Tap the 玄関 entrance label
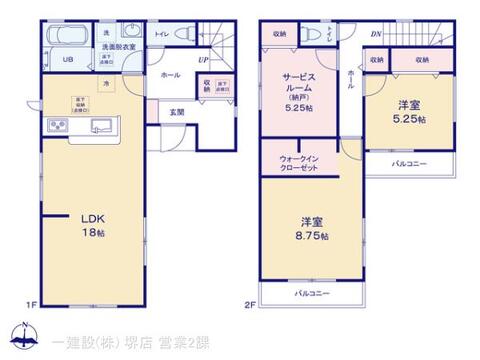pos(176,111)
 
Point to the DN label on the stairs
pos(374,34)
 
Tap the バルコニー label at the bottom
pos(312,292)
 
